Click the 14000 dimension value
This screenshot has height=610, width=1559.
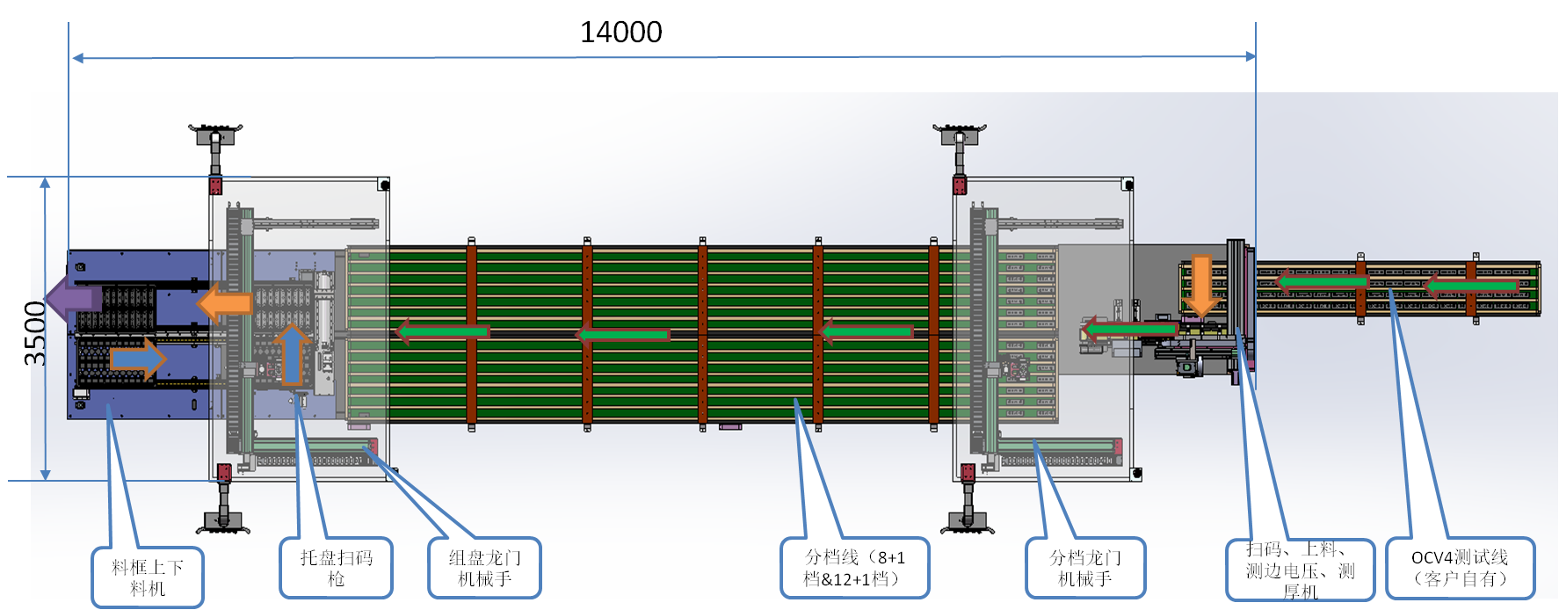coord(620,33)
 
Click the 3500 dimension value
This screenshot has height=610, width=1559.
coord(34,333)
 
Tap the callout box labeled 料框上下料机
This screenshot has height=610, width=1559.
coord(148,577)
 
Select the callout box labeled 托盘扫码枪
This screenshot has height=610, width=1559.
coord(336,568)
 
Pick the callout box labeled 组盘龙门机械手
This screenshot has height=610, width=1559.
coord(484,568)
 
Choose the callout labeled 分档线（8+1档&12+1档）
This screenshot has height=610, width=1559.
coord(854,568)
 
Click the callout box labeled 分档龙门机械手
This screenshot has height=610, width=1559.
coord(1085,568)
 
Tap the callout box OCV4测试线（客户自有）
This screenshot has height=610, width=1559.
coord(1460,568)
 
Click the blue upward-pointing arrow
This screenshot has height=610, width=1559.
coord(292,353)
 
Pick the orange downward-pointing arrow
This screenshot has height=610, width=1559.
coord(1201,285)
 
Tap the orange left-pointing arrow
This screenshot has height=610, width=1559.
coord(224,303)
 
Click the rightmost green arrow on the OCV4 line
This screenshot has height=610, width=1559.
coord(1470,287)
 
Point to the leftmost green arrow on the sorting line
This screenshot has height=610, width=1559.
coord(442,332)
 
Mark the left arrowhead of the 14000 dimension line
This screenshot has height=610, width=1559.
coord(78,58)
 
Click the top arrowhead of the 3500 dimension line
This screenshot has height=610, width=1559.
coord(46,183)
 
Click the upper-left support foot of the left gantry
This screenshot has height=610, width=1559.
coord(215,136)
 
